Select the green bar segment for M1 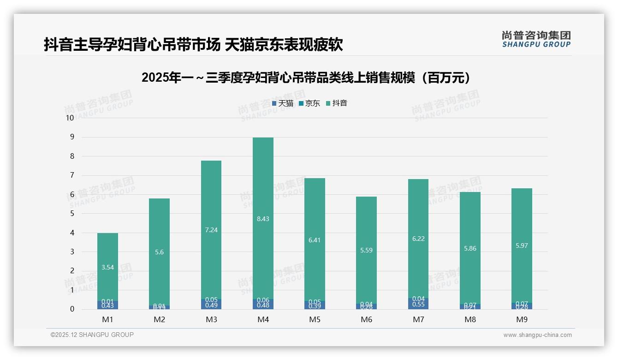(x=107, y=249)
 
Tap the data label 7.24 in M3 (x=211, y=230)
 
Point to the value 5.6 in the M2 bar (x=159, y=252)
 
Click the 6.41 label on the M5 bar (x=315, y=240)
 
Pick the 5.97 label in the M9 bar (x=522, y=246)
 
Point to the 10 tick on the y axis (x=70, y=118)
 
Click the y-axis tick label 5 (x=72, y=214)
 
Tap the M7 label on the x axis (x=418, y=319)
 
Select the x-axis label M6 (x=366, y=319)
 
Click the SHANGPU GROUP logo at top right (x=536, y=39)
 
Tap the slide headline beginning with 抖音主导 (x=193, y=45)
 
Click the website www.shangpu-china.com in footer (x=537, y=335)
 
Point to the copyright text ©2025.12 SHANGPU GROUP (x=92, y=335)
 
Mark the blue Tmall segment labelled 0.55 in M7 (x=418, y=304)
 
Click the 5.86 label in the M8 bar (x=470, y=248)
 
